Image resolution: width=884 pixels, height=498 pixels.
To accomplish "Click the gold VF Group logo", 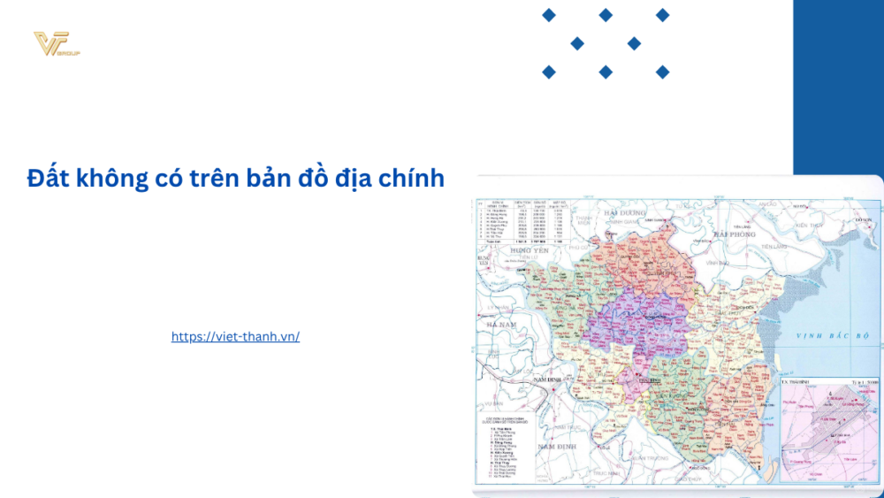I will click(x=56, y=44).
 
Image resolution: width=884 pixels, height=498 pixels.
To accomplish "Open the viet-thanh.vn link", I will click(x=235, y=336).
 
